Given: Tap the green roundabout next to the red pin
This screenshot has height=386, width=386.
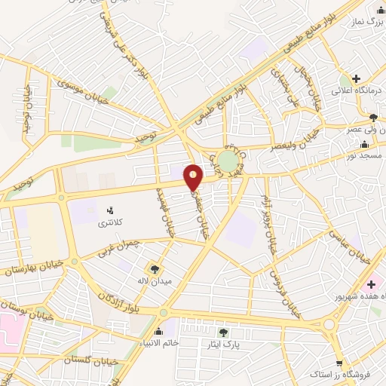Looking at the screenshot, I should click(228, 161).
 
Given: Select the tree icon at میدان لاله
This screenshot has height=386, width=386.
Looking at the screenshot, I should click(155, 268).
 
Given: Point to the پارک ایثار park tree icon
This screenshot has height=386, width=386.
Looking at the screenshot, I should click(223, 332).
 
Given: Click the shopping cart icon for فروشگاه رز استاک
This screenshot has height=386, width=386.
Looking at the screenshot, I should click(339, 363).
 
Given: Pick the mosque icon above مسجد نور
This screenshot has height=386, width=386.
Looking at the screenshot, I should click(365, 144).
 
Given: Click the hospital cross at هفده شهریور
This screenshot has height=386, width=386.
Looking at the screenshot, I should click(370, 286).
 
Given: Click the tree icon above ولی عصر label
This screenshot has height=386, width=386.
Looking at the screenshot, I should click(372, 117).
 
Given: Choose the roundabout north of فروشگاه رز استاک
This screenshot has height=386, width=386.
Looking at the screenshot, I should click(329, 324).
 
